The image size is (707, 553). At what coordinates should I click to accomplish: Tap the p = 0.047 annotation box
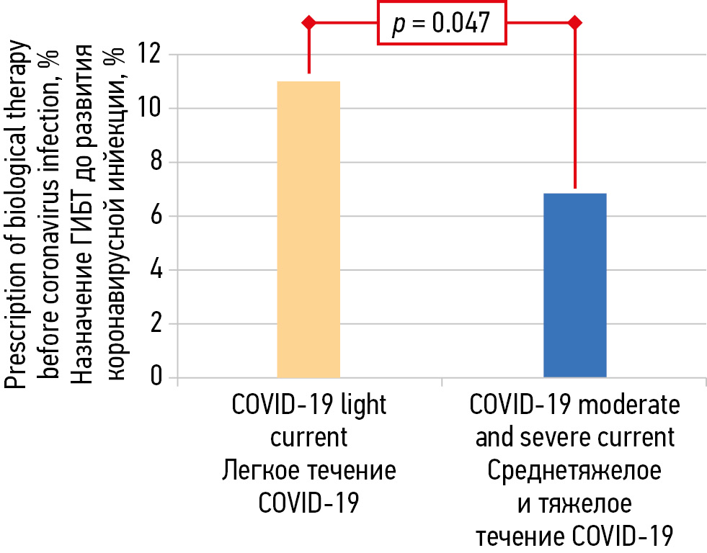click(441, 23)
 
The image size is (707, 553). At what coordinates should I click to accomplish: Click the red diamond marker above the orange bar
click(309, 23)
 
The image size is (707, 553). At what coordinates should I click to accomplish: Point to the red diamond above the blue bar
click(574, 23)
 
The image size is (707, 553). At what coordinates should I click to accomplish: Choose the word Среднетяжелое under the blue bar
click(574, 472)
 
